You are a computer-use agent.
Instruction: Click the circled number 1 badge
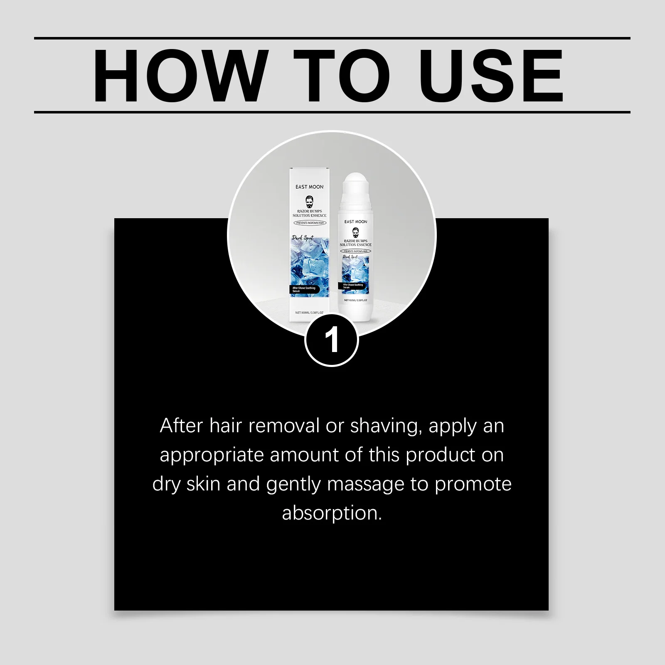(332, 340)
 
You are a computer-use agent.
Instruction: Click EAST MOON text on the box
(309, 187)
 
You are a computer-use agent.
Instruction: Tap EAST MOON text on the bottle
(355, 222)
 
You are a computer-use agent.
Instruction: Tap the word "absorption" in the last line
(332, 513)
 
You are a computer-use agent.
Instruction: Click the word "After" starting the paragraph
(181, 426)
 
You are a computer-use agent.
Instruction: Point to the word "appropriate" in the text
(212, 456)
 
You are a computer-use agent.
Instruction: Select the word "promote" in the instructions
(473, 485)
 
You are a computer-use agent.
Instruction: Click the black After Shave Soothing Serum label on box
(304, 289)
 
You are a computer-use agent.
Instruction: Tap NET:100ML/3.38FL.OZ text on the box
(309, 313)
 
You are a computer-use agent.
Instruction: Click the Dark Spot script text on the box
(303, 239)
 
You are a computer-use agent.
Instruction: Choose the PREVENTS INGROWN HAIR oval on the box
(310, 223)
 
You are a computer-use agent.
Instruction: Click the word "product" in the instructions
(441, 456)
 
